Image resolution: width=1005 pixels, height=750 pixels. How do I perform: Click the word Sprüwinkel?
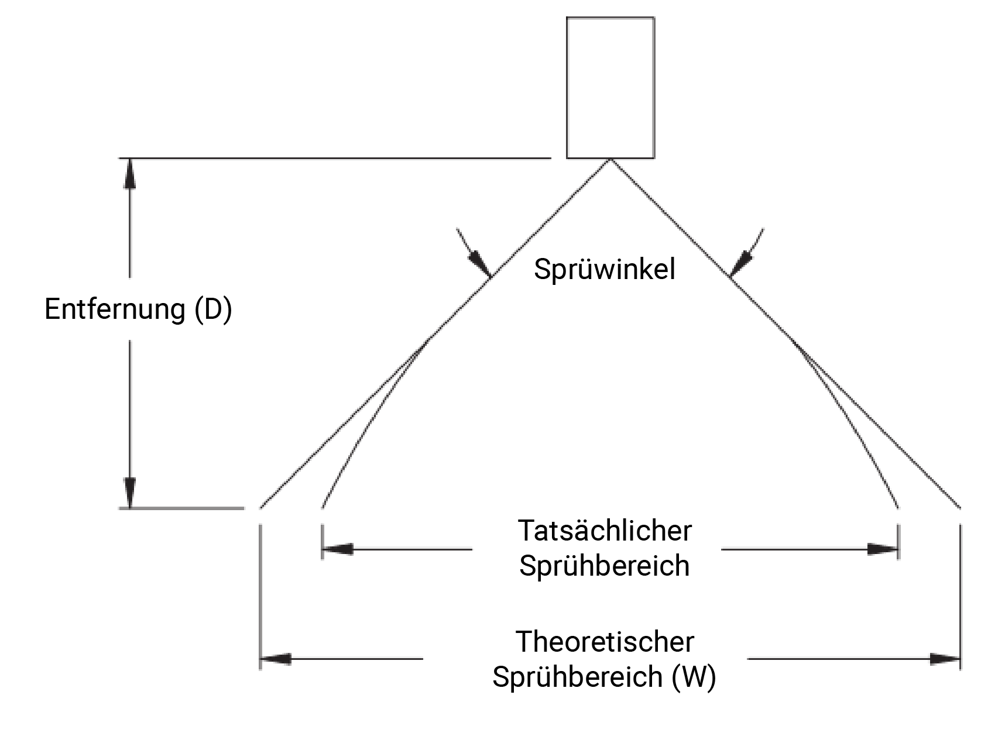[x=605, y=269]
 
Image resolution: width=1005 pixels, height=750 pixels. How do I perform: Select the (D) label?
[x=213, y=309]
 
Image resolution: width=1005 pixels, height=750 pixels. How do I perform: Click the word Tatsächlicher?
[x=605, y=531]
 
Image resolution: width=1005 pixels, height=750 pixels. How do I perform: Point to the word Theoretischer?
[x=605, y=641]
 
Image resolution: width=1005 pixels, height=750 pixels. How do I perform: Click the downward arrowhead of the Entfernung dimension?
[x=130, y=493]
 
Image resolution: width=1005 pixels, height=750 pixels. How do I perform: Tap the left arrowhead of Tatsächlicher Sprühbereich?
[x=337, y=549]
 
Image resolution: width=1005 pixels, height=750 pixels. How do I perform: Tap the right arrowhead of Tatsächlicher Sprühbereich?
[x=883, y=549]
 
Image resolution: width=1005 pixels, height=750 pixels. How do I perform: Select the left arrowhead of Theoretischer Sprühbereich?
[x=275, y=659]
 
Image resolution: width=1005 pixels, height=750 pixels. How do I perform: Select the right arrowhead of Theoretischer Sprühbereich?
[x=945, y=659]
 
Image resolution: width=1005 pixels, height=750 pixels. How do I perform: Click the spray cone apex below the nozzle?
[x=610, y=160]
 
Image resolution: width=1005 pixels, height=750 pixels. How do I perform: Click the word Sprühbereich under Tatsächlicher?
[x=605, y=566]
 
